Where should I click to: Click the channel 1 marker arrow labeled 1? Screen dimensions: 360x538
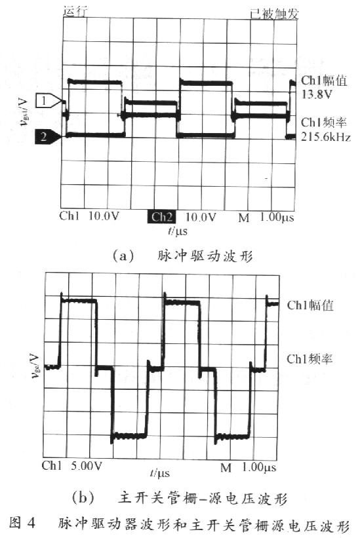[49, 101]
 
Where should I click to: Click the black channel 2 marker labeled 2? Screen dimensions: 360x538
[49, 136]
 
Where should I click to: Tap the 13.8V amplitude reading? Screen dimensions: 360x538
[317, 94]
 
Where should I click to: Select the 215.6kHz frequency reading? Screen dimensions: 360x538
[326, 137]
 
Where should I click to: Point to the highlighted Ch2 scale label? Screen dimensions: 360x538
[162, 217]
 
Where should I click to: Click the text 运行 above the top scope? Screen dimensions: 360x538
[75, 11]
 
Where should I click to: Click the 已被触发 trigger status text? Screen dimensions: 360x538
[274, 14]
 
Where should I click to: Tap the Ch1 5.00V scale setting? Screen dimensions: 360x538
[72, 466]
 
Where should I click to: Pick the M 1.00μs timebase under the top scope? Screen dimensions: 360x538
[266, 217]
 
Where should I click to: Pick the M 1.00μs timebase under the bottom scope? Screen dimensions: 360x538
[248, 467]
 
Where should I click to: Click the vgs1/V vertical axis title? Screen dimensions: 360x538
[24, 111]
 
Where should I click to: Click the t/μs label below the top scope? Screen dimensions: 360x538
[178, 231]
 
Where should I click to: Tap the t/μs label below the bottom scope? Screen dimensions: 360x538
[159, 473]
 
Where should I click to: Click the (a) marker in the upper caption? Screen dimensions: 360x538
[123, 256]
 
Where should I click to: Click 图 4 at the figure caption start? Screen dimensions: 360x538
[22, 523]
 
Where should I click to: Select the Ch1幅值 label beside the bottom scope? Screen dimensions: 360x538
[310, 305]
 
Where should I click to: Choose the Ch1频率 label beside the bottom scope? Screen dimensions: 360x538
[310, 359]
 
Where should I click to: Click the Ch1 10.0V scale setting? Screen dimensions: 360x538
[89, 216]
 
